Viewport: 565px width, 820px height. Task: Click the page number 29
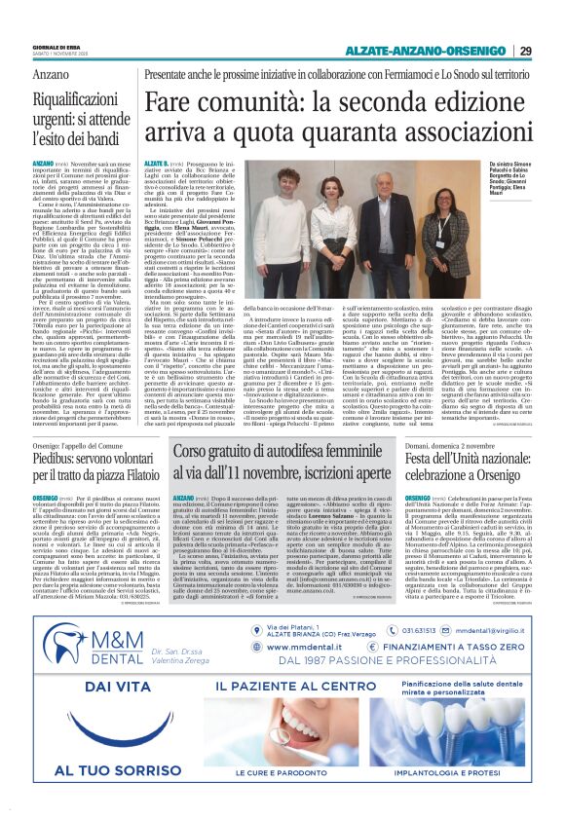pyautogui.click(x=525, y=51)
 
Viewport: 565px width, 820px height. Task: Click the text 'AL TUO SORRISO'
pyautogui.click(x=94, y=769)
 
